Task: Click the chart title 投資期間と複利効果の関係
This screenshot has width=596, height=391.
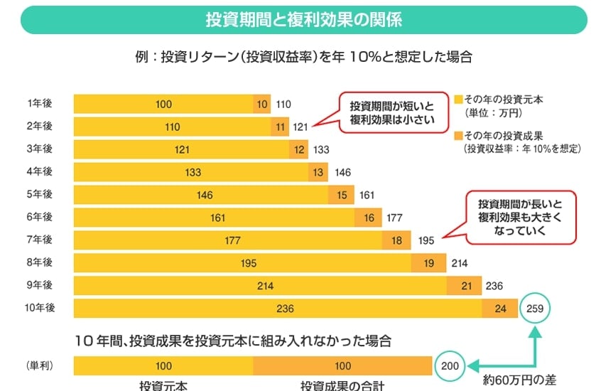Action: pyautogui.click(x=303, y=19)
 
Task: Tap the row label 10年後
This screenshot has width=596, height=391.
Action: pyautogui.click(x=40, y=309)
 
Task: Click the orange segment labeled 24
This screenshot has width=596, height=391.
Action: pyautogui.click(x=500, y=309)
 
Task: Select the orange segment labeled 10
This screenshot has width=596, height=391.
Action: pyautogui.click(x=263, y=105)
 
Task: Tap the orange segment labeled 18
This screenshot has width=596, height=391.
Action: pyautogui.click(x=396, y=241)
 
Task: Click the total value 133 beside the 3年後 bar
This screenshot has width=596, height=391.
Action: pyautogui.click(x=320, y=150)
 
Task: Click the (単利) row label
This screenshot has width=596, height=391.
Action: pyautogui.click(x=40, y=367)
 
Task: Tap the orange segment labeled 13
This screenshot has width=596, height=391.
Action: pyautogui.click(x=317, y=173)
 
